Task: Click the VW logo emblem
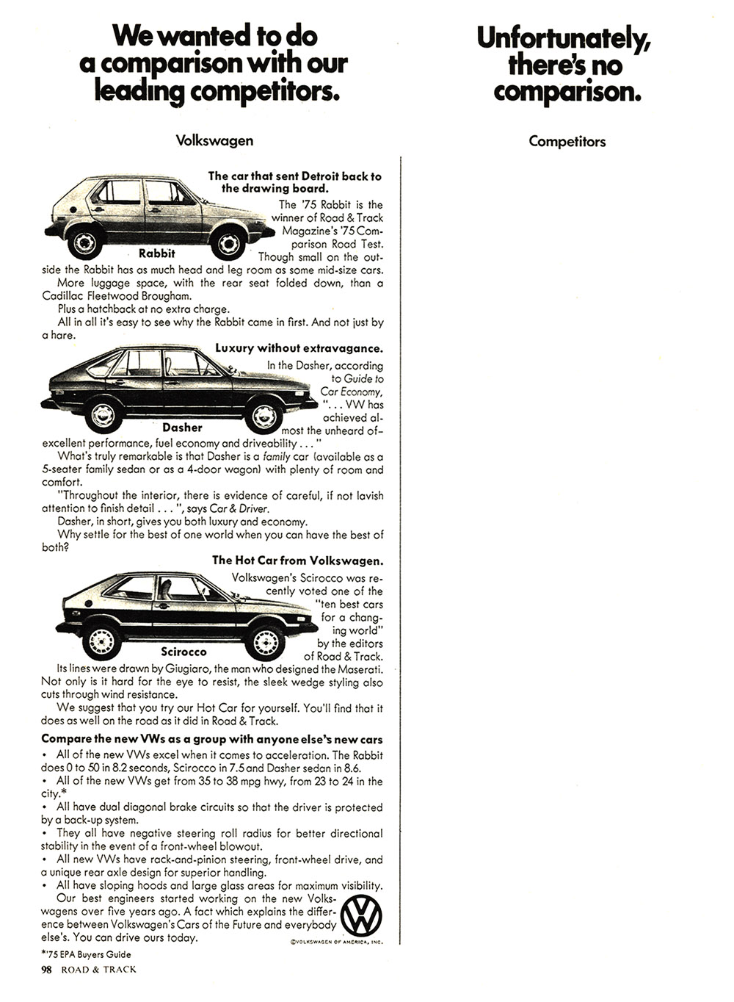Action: pos(363,916)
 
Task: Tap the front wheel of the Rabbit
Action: pos(230,242)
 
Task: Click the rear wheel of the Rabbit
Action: pos(85,241)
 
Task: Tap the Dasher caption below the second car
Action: pos(182,428)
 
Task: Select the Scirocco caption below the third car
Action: pos(183,652)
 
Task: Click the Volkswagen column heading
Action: pos(214,140)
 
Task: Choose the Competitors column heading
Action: pos(567,141)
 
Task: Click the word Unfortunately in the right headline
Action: pos(564,37)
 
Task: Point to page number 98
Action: pos(48,969)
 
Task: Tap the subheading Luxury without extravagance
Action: pos(299,348)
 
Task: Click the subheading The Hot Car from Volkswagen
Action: pos(297,561)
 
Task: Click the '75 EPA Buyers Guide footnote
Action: pos(86,954)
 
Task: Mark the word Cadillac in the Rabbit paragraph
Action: pos(65,296)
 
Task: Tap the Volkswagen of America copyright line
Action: pos(333,941)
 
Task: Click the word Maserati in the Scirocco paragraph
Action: pos(359,669)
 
